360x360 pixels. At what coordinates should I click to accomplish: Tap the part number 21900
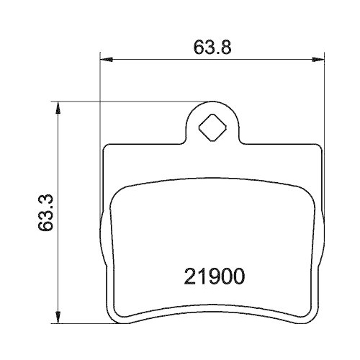(212, 276)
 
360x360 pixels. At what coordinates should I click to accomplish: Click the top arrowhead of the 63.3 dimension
(60, 105)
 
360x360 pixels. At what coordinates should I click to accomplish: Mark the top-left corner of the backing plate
(108, 146)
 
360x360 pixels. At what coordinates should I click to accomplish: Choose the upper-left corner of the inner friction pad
(119, 189)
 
